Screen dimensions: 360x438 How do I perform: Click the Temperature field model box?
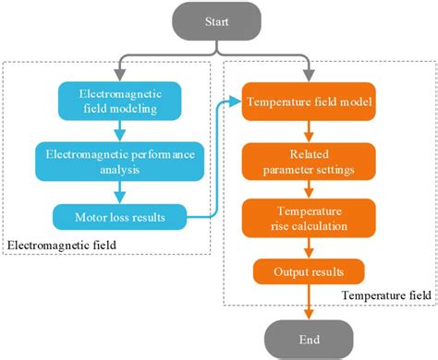click(x=309, y=101)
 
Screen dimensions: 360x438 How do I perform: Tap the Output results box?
click(x=309, y=271)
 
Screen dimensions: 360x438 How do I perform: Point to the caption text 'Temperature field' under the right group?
click(x=381, y=294)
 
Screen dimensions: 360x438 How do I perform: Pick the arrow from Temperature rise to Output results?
click(x=309, y=246)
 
